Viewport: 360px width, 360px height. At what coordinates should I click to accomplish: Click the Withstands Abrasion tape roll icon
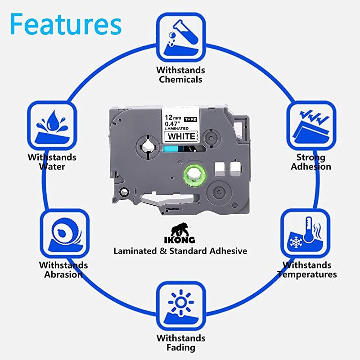click(x=65, y=234)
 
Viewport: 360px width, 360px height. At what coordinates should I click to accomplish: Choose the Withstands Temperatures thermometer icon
click(x=306, y=234)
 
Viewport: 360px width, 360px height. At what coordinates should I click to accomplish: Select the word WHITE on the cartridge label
click(x=181, y=136)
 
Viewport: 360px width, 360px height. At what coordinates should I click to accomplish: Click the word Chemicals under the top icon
click(x=180, y=80)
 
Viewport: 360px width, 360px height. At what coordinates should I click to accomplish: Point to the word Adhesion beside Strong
click(x=311, y=167)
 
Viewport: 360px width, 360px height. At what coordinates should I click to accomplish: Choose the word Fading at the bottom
click(x=180, y=347)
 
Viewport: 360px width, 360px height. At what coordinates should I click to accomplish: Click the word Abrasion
click(x=63, y=274)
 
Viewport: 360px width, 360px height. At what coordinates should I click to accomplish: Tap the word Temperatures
click(x=307, y=274)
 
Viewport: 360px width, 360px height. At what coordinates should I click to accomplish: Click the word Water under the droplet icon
click(x=52, y=167)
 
